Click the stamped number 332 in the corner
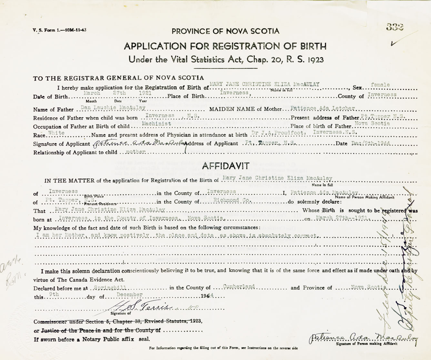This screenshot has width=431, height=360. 395,27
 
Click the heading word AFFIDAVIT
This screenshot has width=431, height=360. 226,166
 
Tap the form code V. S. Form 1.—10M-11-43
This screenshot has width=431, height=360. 59,30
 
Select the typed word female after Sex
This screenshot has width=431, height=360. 380,85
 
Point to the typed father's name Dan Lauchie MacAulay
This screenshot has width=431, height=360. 113,108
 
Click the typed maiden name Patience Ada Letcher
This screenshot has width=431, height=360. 322,108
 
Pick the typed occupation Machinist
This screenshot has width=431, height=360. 156,124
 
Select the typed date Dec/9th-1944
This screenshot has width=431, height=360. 371,143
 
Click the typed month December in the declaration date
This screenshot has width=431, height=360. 129,295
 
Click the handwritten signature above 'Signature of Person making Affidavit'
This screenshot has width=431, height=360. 363,338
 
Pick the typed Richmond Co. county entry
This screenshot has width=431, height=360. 232,200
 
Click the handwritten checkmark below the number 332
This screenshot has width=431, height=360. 394,43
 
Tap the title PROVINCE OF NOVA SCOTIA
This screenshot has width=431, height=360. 225,31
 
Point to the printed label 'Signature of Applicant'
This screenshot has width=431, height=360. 62,144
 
